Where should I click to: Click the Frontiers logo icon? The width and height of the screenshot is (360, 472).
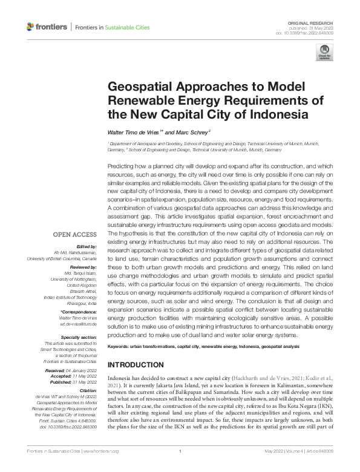pos(31,27)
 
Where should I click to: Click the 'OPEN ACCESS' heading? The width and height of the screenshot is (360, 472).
pos(74,234)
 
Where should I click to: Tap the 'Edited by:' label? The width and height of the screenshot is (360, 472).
pos(85,246)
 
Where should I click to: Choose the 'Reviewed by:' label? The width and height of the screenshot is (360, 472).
pos(82,266)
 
